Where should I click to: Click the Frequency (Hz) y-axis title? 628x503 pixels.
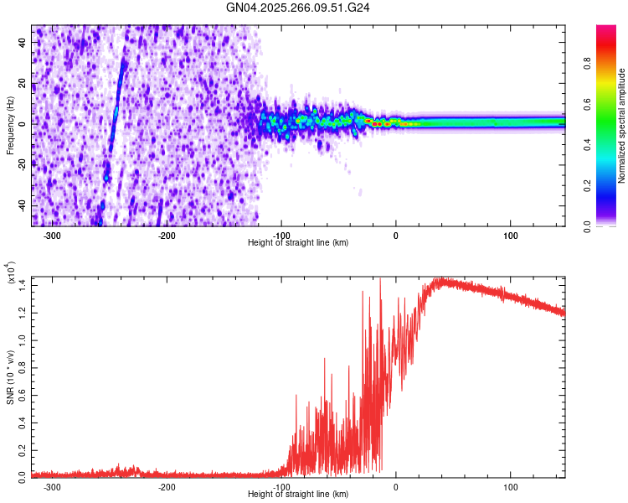click(10, 126)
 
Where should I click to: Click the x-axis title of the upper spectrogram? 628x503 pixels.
click(298, 242)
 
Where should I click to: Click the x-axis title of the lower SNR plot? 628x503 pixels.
click(298, 493)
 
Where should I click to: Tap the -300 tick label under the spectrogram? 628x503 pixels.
click(52, 235)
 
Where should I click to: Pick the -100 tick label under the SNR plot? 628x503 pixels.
click(281, 485)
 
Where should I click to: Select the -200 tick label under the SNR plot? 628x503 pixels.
click(167, 485)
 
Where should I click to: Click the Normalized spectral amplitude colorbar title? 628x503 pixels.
click(622, 126)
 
